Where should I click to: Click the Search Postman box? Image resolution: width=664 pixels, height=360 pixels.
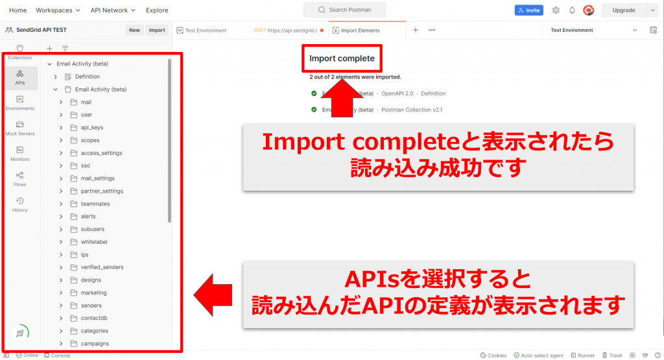click(x=344, y=10)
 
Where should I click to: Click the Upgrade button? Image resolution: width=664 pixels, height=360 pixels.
click(x=624, y=10)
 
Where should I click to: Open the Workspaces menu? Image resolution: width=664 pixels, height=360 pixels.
click(x=58, y=10)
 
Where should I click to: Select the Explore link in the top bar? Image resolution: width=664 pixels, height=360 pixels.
click(x=157, y=10)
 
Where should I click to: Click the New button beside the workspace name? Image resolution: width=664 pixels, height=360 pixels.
click(x=134, y=30)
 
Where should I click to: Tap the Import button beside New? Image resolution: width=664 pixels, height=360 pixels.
click(x=157, y=30)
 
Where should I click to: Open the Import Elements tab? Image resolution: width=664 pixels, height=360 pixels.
click(x=360, y=30)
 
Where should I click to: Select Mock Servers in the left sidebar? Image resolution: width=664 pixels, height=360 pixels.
click(x=20, y=128)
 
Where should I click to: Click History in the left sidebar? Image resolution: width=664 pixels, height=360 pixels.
click(x=20, y=204)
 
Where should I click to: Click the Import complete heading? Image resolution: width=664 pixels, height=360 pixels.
click(x=342, y=58)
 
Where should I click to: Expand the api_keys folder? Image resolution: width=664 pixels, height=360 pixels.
click(x=91, y=128)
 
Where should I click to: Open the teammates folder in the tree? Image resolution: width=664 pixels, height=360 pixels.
click(x=95, y=204)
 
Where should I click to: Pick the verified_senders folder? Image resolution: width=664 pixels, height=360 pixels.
click(x=102, y=267)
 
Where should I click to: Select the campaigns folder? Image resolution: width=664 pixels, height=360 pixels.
click(x=95, y=343)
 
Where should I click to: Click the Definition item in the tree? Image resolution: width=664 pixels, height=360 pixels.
click(x=87, y=77)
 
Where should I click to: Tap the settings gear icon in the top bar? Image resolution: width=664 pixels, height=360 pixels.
click(x=556, y=10)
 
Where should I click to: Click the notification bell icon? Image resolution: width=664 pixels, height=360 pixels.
click(x=572, y=10)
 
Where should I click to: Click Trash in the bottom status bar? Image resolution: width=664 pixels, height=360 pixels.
click(x=612, y=355)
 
